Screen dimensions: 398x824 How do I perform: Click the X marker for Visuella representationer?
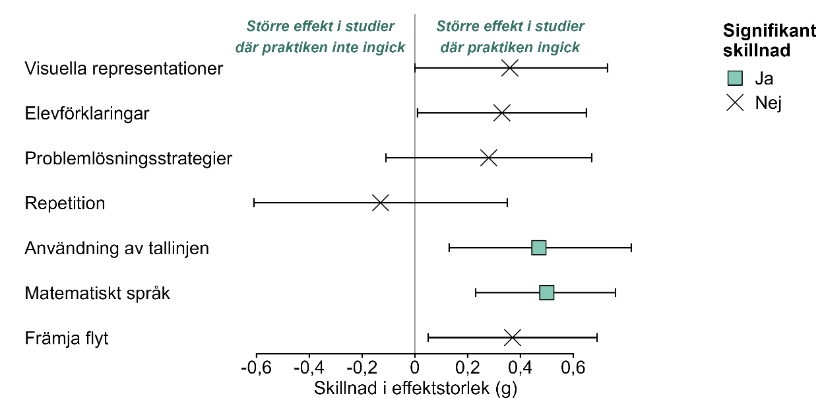point(510,68)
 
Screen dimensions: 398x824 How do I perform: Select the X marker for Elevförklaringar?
point(502,113)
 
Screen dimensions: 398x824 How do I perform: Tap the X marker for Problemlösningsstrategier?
point(489,158)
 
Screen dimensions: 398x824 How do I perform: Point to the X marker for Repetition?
point(381,203)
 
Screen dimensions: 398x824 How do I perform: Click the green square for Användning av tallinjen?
point(539,248)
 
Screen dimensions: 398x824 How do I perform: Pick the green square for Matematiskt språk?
point(547,292)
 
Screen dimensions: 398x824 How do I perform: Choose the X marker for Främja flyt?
point(513,337)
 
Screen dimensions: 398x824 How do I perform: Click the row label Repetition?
point(65,203)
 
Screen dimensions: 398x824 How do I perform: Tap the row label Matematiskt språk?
point(98,292)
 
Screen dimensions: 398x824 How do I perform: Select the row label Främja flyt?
point(67,338)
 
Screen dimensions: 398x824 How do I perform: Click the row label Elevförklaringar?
point(87,114)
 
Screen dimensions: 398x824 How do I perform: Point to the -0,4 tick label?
point(309,366)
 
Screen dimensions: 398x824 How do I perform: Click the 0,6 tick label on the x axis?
point(573,366)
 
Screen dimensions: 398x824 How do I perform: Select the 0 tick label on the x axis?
point(415,366)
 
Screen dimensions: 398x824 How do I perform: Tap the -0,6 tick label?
point(256,366)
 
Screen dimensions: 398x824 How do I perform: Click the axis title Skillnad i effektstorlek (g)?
point(416,387)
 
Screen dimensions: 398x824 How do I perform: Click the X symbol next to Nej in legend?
point(735,102)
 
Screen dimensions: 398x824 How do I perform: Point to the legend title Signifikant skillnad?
point(769,40)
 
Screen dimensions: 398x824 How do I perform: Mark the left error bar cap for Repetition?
point(254,203)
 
